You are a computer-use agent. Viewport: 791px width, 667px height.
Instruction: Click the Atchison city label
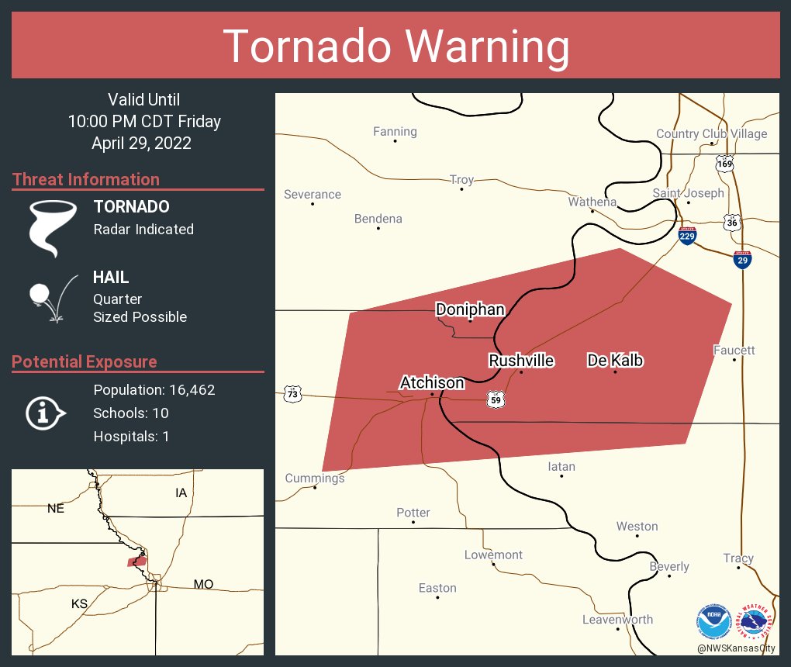(432, 382)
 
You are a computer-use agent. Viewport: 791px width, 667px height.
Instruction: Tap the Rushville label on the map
(521, 361)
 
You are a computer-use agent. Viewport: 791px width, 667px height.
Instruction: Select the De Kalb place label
(615, 361)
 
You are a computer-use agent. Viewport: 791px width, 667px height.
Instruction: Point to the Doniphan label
(470, 309)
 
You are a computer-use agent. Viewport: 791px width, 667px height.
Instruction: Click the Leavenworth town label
(617, 620)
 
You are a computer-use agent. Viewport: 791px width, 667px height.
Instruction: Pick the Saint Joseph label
(688, 193)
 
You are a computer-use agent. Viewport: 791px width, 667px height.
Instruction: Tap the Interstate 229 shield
(687, 236)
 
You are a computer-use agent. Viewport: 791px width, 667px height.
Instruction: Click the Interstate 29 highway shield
(742, 260)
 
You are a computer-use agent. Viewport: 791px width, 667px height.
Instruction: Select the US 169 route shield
(724, 164)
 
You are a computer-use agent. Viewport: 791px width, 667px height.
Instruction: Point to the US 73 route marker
(292, 395)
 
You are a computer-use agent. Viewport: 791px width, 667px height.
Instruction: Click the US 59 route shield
(496, 399)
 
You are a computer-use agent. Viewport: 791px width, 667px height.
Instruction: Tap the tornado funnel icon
(53, 227)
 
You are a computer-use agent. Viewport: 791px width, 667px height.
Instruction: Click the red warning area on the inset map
(137, 561)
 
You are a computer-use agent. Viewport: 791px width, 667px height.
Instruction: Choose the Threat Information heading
(86, 179)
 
